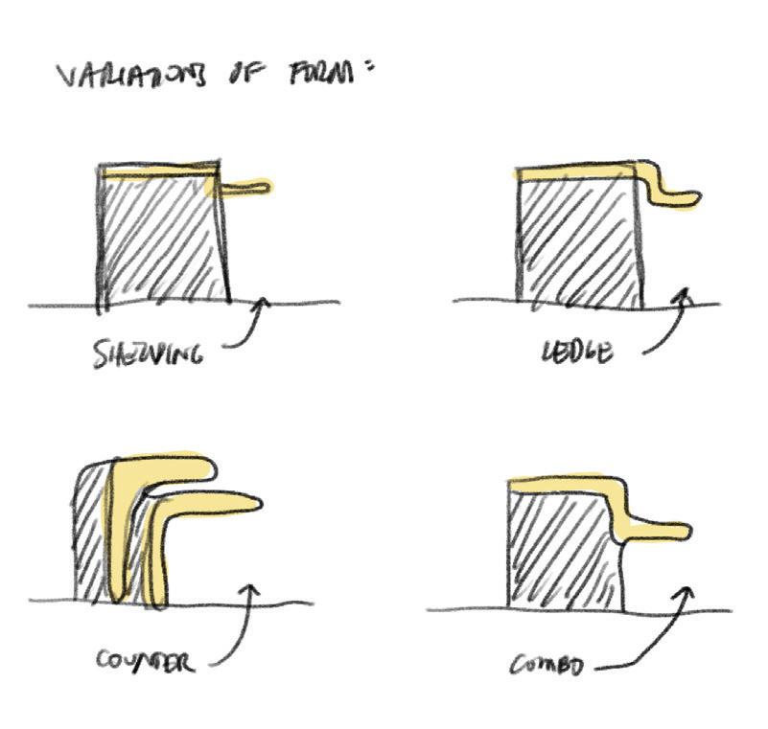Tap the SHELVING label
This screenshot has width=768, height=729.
148,354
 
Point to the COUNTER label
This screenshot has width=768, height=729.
145,660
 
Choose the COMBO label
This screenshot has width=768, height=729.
547,664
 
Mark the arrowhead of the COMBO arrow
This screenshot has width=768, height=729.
686,594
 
